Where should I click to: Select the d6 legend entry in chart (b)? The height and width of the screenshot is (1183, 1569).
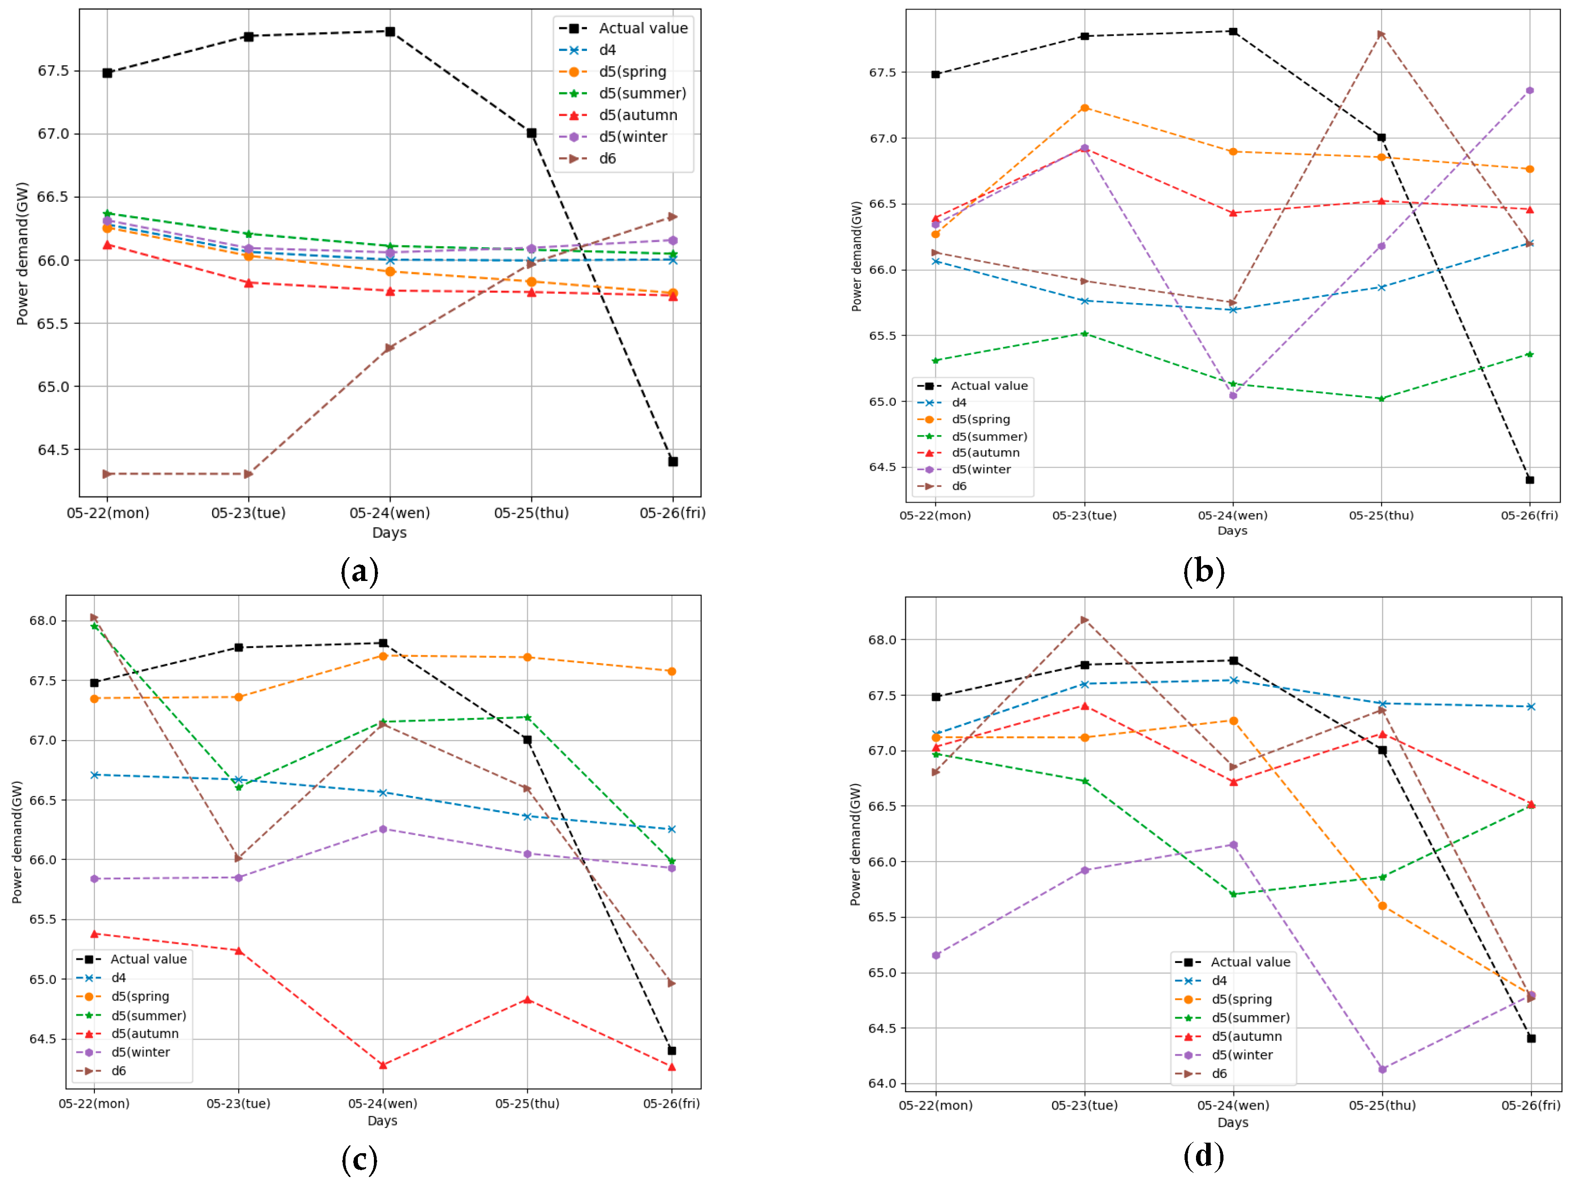[959, 486]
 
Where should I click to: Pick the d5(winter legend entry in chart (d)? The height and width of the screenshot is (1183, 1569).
[1241, 1055]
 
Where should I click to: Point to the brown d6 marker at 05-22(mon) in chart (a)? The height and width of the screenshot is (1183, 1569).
[107, 474]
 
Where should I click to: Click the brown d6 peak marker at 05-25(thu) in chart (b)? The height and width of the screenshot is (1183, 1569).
[1381, 34]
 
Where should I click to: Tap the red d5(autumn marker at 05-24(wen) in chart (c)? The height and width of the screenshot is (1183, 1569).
[383, 1065]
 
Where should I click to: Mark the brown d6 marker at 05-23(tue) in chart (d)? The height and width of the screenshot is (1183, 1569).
[1085, 619]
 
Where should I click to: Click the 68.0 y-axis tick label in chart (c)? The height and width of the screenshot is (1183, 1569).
[43, 621]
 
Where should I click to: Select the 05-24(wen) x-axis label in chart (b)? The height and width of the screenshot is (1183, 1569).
[1233, 515]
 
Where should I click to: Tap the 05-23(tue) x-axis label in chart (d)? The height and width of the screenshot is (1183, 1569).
[1085, 1106]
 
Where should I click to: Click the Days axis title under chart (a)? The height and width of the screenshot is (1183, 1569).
[390, 533]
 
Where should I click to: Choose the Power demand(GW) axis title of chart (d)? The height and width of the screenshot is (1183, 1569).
[856, 845]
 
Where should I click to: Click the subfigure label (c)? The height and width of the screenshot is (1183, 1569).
[360, 1160]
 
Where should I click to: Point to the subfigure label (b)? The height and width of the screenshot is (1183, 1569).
[1204, 571]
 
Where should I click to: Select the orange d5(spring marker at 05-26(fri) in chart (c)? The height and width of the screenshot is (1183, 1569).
[672, 671]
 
